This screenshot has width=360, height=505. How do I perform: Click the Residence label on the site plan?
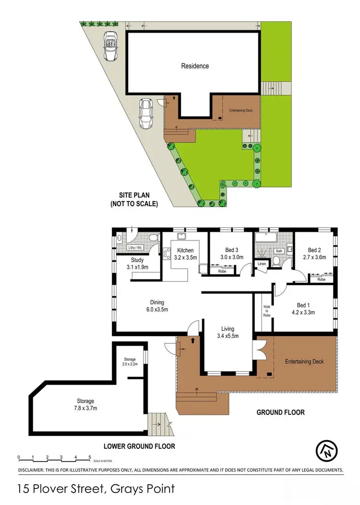[195, 66]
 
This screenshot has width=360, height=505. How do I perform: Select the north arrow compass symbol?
[327, 449]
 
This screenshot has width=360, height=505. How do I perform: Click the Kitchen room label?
[185, 251]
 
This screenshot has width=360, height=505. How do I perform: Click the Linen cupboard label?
[262, 264]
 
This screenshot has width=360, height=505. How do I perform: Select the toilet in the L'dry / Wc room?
[152, 238]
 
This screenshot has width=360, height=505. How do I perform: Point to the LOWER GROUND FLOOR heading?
[141, 446]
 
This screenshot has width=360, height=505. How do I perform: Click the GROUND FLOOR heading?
[281, 412]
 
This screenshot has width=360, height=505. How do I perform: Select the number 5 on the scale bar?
[90, 457]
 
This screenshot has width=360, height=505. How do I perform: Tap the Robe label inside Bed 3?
[222, 271]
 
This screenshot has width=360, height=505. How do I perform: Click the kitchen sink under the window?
[182, 236]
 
